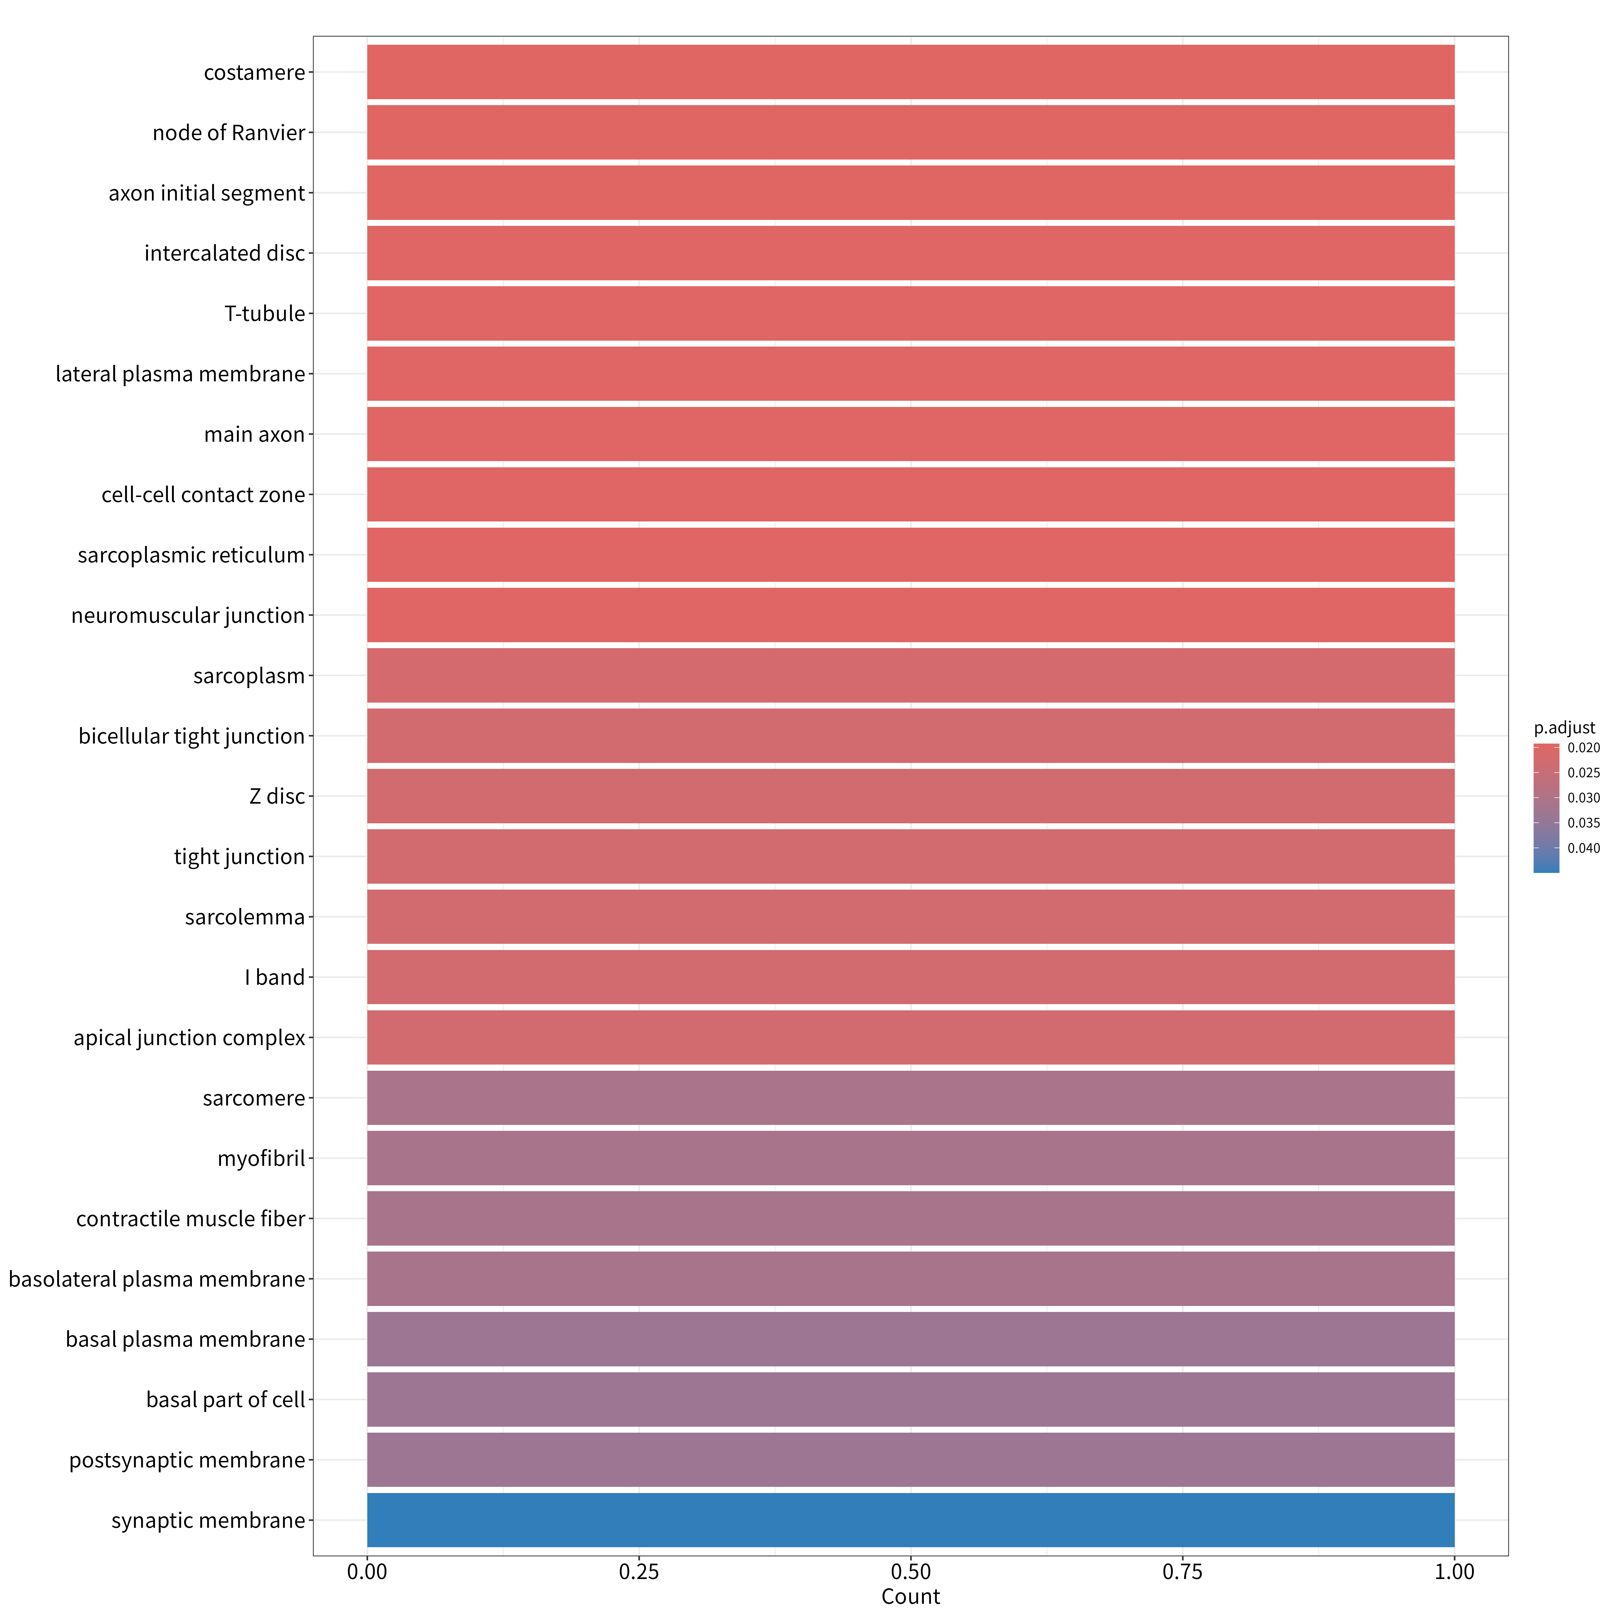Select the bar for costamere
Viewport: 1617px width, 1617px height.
(911, 72)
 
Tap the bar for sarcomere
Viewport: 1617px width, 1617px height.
(911, 1097)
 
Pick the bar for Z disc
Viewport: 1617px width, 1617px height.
(911, 796)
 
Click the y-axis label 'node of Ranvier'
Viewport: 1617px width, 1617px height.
(229, 133)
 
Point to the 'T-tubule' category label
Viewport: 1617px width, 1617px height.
(264, 314)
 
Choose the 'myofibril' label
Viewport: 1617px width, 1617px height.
(261, 1158)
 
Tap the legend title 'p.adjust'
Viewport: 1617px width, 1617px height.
(1564, 728)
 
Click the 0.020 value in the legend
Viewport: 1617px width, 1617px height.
(1584, 747)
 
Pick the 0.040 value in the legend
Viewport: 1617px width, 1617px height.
(1584, 848)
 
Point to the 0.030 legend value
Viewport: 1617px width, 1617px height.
(1584, 798)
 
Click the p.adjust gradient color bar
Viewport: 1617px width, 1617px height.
(1546, 808)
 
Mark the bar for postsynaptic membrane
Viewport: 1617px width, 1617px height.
(911, 1460)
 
